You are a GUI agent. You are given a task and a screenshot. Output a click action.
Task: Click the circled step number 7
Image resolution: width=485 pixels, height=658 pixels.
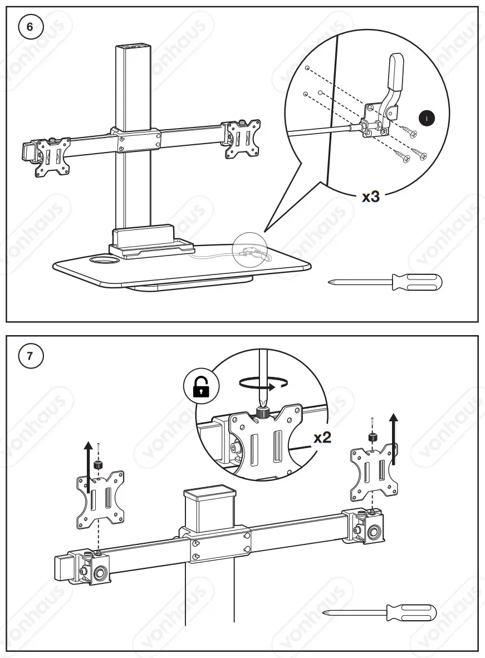(30, 357)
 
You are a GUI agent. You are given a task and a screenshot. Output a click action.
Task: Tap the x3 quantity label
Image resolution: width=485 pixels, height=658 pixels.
(370, 197)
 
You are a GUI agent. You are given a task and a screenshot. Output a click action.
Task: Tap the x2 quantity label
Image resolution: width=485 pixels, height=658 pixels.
(322, 437)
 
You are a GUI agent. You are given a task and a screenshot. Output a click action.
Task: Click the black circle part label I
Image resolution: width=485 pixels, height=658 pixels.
(427, 118)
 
